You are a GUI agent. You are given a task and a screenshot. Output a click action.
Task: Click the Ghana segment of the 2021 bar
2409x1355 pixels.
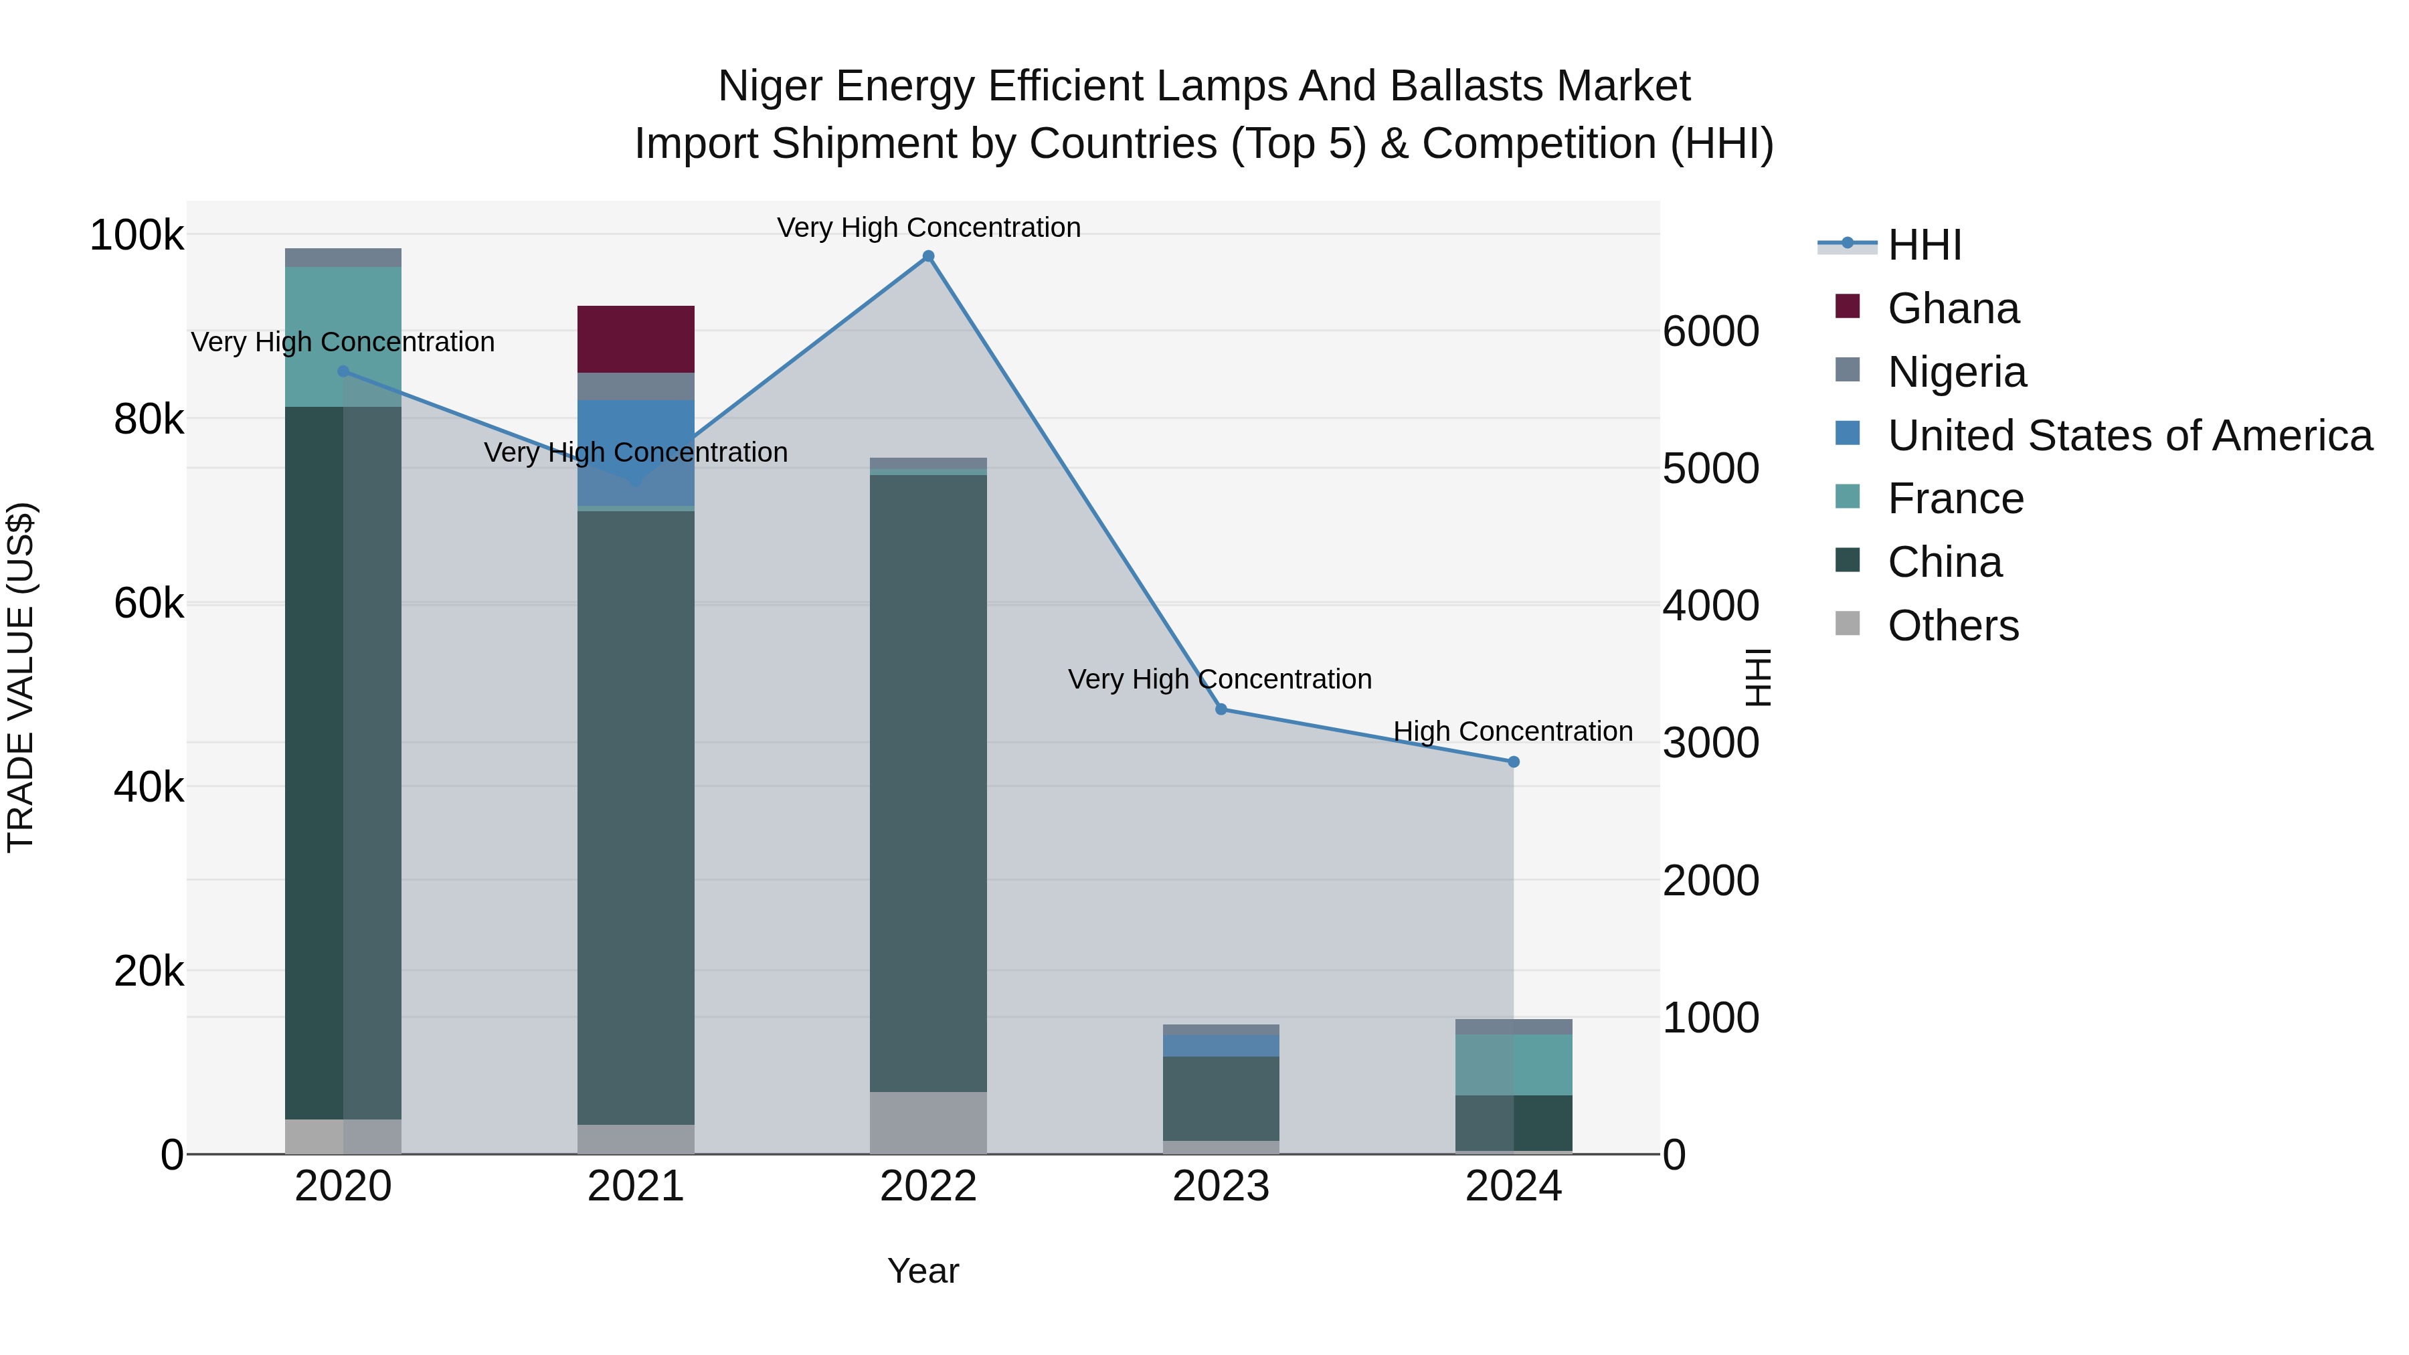(635, 339)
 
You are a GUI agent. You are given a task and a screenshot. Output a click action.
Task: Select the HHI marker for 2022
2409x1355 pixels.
(927, 256)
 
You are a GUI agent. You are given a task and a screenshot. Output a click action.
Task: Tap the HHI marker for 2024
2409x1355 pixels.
(1513, 762)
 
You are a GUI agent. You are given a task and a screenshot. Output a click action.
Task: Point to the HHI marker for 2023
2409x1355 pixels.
(1221, 710)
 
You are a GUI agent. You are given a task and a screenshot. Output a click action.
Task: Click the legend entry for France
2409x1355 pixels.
(1955, 499)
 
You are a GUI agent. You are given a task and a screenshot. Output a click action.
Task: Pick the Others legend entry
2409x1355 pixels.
(1953, 626)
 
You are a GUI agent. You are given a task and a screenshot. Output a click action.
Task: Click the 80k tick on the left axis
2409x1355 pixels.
(148, 420)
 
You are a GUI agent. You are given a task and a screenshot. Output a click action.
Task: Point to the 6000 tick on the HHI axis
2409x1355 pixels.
(1710, 331)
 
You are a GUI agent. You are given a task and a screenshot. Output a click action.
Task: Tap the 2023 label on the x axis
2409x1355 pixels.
(1221, 1186)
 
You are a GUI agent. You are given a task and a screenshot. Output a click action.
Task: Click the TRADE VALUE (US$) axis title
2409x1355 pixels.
(21, 677)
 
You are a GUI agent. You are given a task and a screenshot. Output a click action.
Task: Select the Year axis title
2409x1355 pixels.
(922, 1271)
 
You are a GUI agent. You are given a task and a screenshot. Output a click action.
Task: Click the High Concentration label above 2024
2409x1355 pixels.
(1512, 731)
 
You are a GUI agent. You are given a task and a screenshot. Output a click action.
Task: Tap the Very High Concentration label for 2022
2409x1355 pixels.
(927, 228)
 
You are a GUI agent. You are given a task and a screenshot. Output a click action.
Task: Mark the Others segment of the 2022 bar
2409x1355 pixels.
(927, 1122)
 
